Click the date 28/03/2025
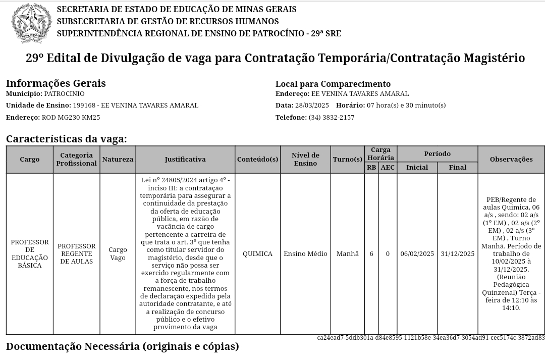coord(312,106)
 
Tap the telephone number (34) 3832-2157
coord(331,118)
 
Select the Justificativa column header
coord(185,160)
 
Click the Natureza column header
coord(118,160)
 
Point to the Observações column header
coord(511,160)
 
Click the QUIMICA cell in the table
coord(257,254)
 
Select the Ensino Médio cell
coord(305,254)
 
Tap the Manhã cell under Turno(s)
coord(347,254)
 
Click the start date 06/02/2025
coord(417,254)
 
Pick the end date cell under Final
coord(457,254)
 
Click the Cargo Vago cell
coord(118,254)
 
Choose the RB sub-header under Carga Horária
coord(371,168)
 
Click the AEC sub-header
coord(388,168)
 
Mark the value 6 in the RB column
coord(371,254)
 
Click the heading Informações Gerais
coord(56,83)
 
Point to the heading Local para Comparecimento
coord(333,84)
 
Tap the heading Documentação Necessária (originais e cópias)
coord(122,347)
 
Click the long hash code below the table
coord(430,338)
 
